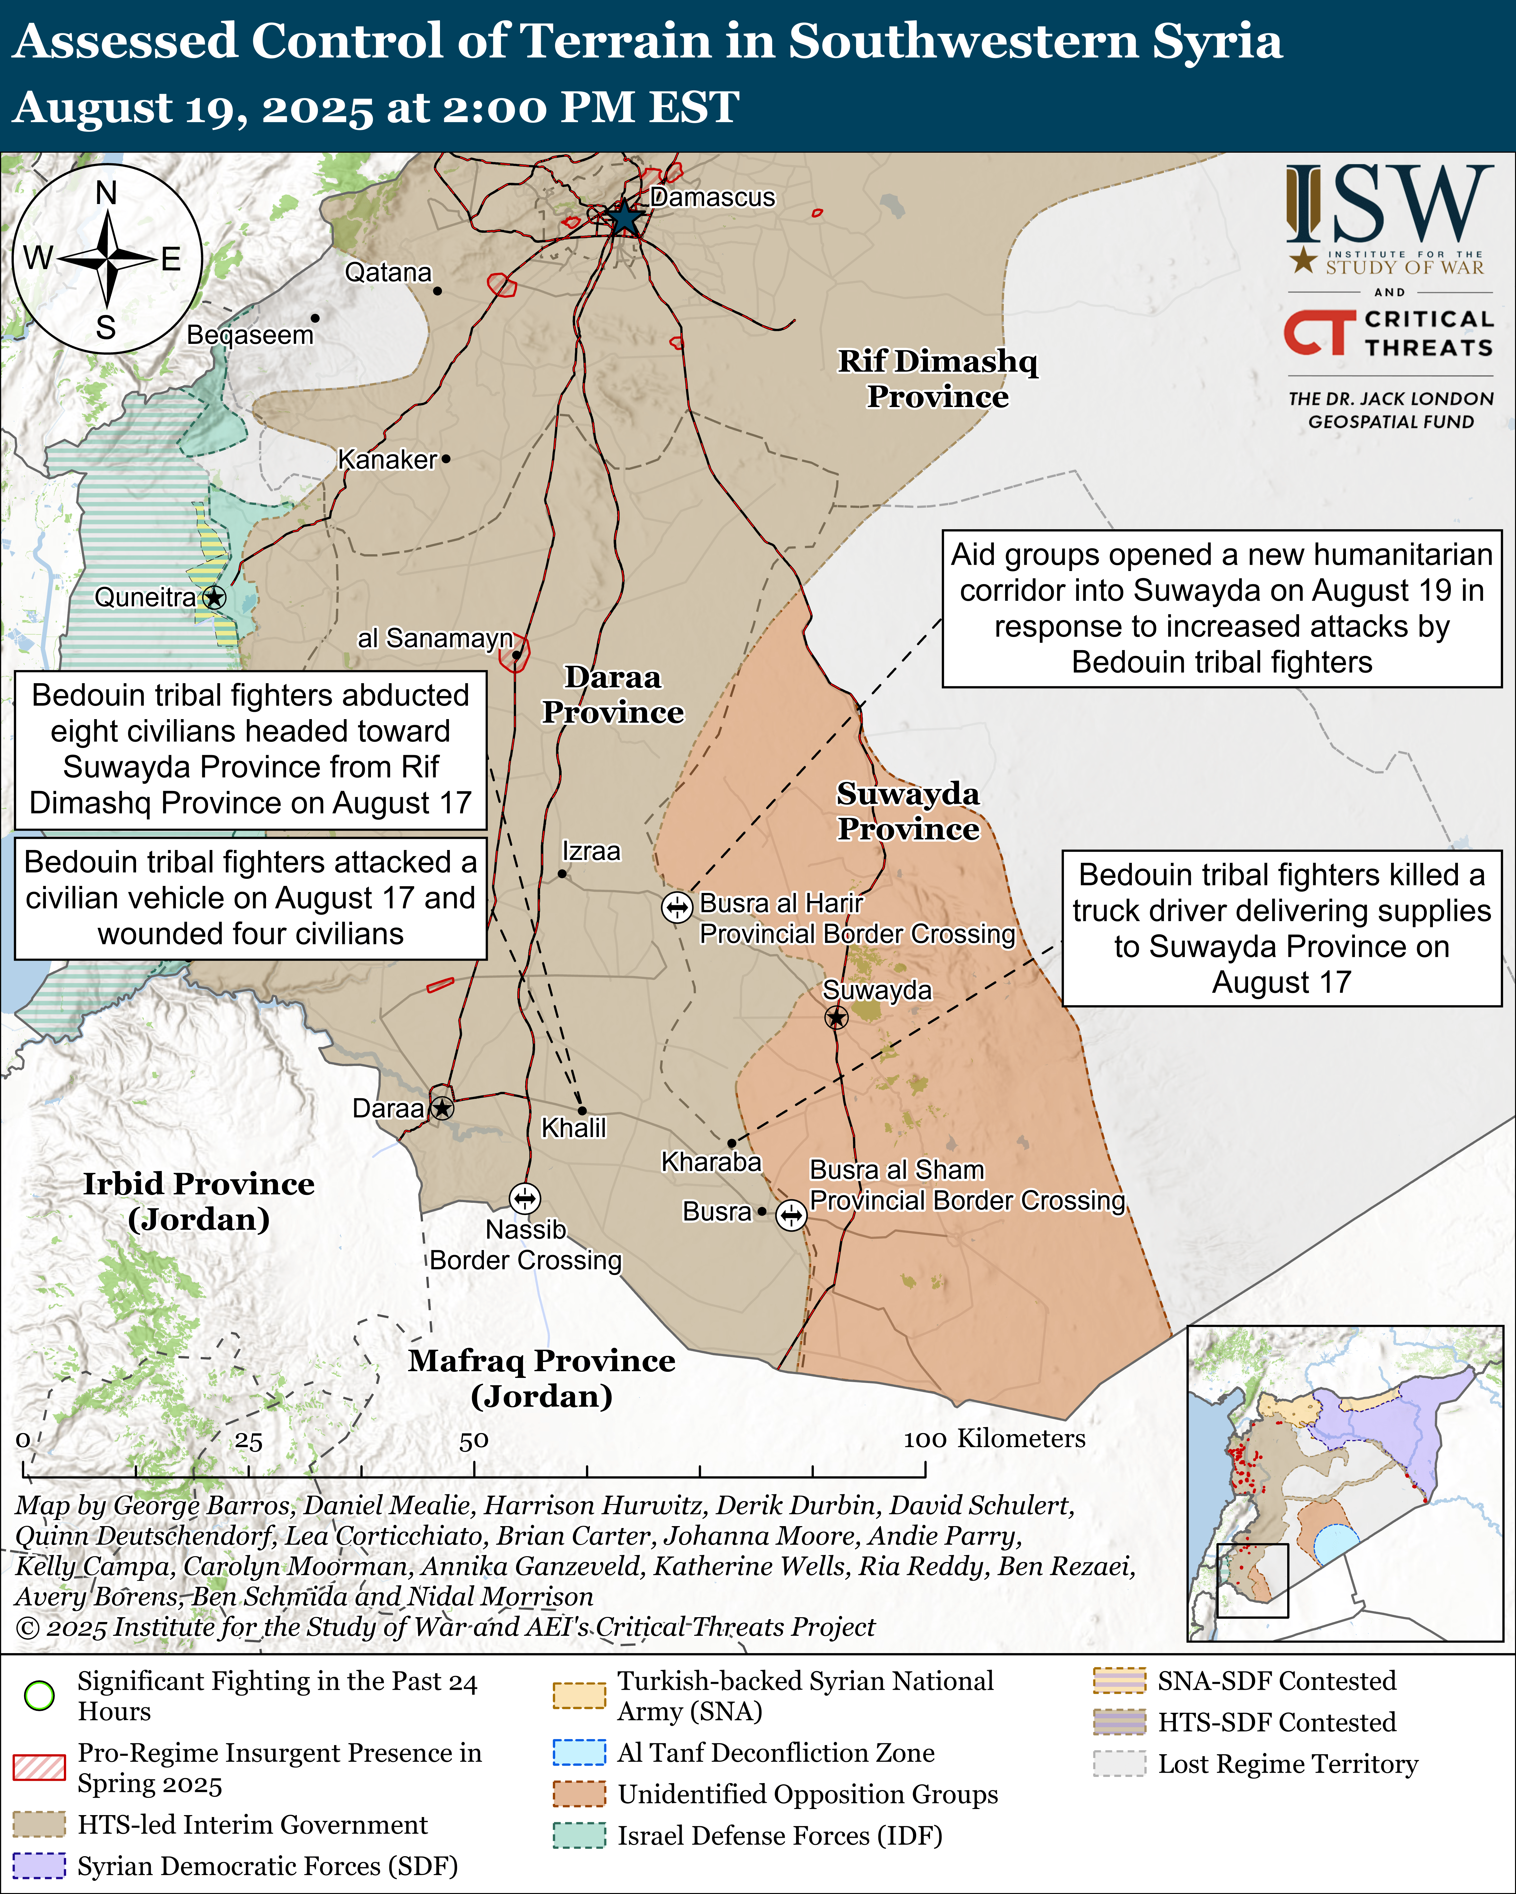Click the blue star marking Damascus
coord(624,217)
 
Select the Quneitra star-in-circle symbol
coord(213,597)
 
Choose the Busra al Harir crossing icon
coord(677,907)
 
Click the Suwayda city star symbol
coord(836,1017)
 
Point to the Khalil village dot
coord(582,1110)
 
